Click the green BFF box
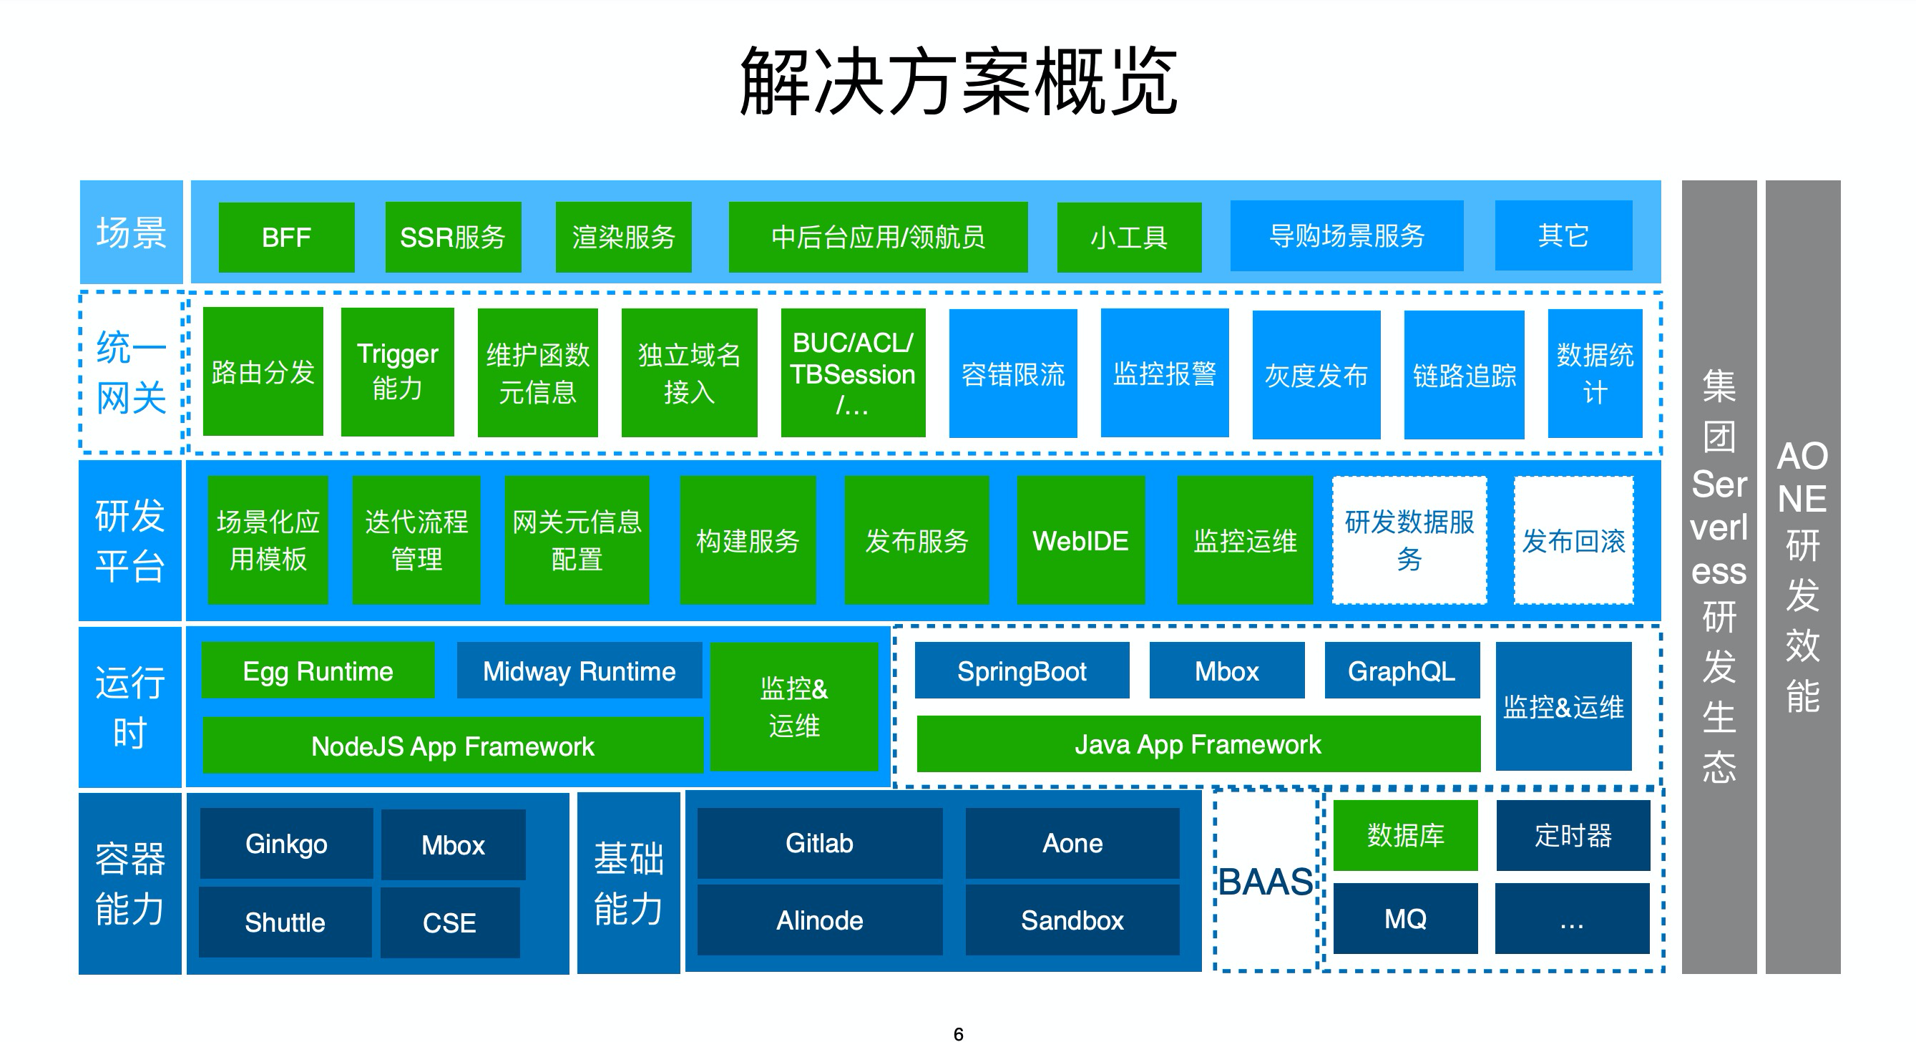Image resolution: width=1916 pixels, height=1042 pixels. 286,238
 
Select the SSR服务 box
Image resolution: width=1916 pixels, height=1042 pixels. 453,238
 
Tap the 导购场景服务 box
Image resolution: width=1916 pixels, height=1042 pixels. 1346,235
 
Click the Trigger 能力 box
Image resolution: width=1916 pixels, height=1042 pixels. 397,372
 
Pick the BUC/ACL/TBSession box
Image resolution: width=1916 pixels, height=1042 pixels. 853,373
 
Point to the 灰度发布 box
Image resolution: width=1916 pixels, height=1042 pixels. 1316,375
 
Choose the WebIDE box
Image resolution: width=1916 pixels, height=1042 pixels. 1081,541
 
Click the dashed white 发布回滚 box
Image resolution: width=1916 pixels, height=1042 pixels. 1574,541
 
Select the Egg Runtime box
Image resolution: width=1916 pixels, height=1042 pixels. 318,671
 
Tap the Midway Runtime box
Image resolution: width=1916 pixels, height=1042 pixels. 580,671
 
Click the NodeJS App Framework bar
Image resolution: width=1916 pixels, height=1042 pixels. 452,745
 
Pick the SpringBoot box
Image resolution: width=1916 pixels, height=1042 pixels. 1021,671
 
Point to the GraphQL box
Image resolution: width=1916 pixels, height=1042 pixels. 1402,671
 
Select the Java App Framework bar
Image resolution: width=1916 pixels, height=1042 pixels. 1198,744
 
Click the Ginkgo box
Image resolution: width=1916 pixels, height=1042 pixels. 286,844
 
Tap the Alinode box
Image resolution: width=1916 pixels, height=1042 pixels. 820,920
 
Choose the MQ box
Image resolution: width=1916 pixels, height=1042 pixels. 1405,918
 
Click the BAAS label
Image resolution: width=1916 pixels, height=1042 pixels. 1266,882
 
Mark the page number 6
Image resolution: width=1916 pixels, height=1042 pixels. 958,1034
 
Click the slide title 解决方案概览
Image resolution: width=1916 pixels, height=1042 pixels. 958,80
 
